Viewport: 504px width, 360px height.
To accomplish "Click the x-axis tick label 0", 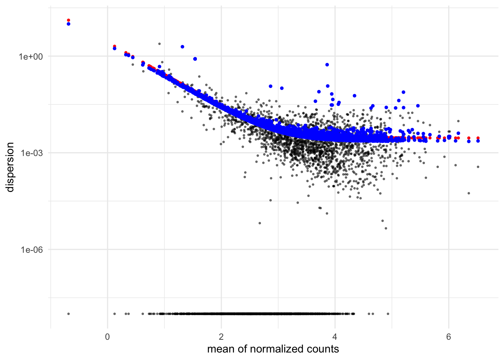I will tap(107, 337).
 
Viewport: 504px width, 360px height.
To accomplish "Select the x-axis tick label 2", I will tap(221, 337).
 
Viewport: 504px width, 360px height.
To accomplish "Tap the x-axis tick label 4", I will tap(335, 337).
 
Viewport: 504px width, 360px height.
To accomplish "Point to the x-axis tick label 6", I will tap(448, 337).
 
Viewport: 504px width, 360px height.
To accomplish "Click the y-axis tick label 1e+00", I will tap(31, 57).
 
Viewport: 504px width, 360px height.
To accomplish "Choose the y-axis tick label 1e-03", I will tap(31, 153).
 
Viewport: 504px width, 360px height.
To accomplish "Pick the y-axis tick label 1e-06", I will tap(31, 250).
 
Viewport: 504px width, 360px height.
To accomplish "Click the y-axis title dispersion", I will tap(10, 167).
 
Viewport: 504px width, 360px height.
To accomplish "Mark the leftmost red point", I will tap(68, 20).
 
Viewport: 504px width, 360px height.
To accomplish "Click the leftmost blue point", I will tap(68, 24).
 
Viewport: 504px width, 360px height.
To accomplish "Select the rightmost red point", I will tap(478, 138).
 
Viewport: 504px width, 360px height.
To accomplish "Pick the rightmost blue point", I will tap(478, 141).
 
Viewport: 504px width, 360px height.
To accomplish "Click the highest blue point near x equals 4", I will tap(327, 64).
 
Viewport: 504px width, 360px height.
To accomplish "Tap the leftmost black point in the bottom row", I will tap(68, 314).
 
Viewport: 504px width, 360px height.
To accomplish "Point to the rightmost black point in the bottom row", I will tap(388, 314).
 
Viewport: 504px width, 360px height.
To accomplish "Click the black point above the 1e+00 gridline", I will tap(159, 44).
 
